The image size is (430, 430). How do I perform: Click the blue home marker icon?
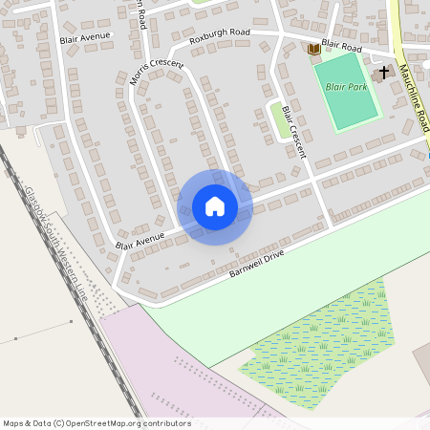point(214,206)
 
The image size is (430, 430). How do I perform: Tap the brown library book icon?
point(312,49)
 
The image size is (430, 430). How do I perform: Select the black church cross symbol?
point(384,73)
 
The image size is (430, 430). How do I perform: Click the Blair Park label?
point(346,87)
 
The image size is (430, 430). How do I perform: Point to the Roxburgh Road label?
point(219,36)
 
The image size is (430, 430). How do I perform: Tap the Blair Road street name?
point(342,44)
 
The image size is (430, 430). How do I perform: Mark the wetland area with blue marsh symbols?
point(315,344)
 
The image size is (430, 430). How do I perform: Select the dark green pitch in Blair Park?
point(345,91)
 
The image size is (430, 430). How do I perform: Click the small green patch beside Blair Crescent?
point(279,120)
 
